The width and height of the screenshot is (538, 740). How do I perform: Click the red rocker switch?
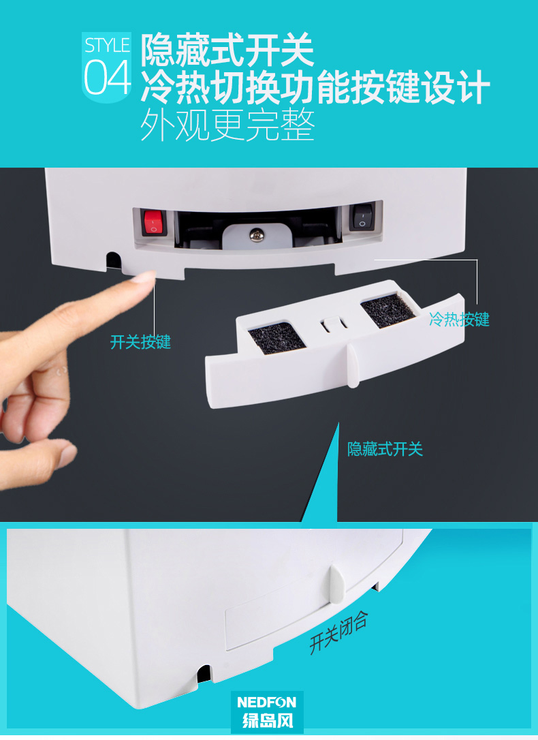coord(153,223)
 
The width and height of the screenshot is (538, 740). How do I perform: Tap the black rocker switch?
coord(362,217)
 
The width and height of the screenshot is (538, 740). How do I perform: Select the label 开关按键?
coord(140,342)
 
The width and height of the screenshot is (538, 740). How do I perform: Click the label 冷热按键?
coord(459,320)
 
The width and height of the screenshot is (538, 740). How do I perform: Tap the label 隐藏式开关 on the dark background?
coord(385,449)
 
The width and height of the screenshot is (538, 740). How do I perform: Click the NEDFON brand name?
coord(267,703)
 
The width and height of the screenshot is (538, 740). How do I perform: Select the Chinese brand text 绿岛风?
coord(268,720)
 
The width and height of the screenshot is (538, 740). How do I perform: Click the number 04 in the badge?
coord(107,78)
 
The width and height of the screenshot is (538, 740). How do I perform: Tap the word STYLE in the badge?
coord(107,45)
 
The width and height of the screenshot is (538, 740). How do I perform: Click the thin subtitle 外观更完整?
coord(227,125)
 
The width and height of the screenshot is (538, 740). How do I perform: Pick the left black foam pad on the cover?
coord(276,337)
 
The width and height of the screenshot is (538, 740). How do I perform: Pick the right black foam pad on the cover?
coord(387,309)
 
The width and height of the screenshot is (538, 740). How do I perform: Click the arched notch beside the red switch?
coord(113,261)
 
